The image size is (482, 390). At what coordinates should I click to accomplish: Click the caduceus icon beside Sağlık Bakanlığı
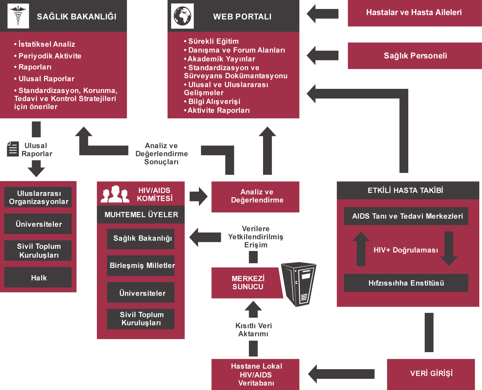[x=18, y=16]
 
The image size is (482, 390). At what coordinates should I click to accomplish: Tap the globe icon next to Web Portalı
[x=182, y=16]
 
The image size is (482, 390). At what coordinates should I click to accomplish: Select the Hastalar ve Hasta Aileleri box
[x=414, y=13]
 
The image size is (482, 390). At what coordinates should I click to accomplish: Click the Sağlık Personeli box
[x=415, y=56]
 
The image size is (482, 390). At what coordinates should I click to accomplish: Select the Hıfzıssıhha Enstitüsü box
[x=406, y=283]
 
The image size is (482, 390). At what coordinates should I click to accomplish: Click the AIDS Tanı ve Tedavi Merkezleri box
[x=406, y=216]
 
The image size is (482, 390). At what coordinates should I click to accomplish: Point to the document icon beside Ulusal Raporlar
[x=13, y=149]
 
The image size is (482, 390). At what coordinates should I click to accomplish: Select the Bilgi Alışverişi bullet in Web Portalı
[x=214, y=102]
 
